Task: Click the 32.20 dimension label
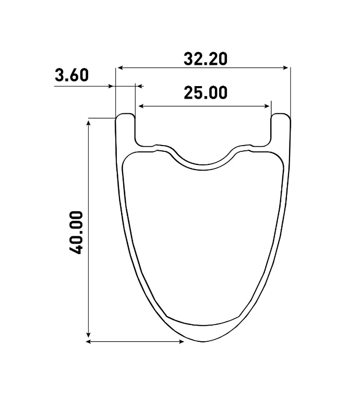pos(206,59)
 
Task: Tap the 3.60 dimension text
pos(72,75)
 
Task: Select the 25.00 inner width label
pos(206,92)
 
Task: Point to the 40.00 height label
pos(76,233)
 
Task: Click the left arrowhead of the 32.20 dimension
pos(120,67)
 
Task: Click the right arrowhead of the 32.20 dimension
pos(285,67)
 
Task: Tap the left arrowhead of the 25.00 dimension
pos(141,106)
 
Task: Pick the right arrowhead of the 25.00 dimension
pos(267,106)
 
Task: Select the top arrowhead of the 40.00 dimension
pos(88,123)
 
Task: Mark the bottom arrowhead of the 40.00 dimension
pos(88,334)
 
